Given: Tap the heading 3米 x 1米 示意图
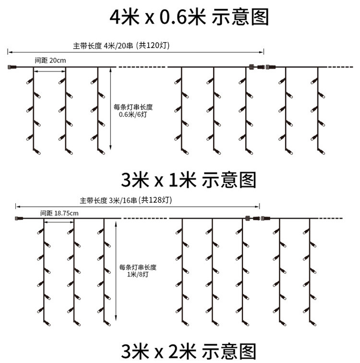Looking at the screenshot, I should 189,180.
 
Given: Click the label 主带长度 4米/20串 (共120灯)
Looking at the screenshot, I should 121,46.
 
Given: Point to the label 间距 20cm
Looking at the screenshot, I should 50,60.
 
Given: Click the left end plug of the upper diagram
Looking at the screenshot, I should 12,67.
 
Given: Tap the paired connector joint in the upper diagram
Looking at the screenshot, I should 260,67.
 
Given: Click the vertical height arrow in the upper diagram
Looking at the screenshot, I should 111,108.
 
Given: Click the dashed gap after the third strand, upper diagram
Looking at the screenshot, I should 142,67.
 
